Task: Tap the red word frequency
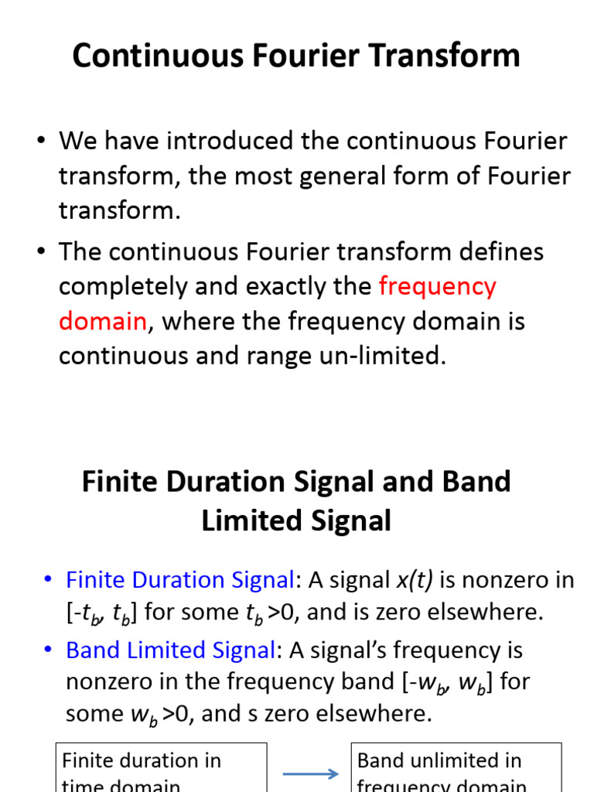point(437,286)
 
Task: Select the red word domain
point(102,321)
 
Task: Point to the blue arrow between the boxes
point(309,774)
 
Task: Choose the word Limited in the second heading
point(251,521)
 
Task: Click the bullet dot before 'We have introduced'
point(40,142)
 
